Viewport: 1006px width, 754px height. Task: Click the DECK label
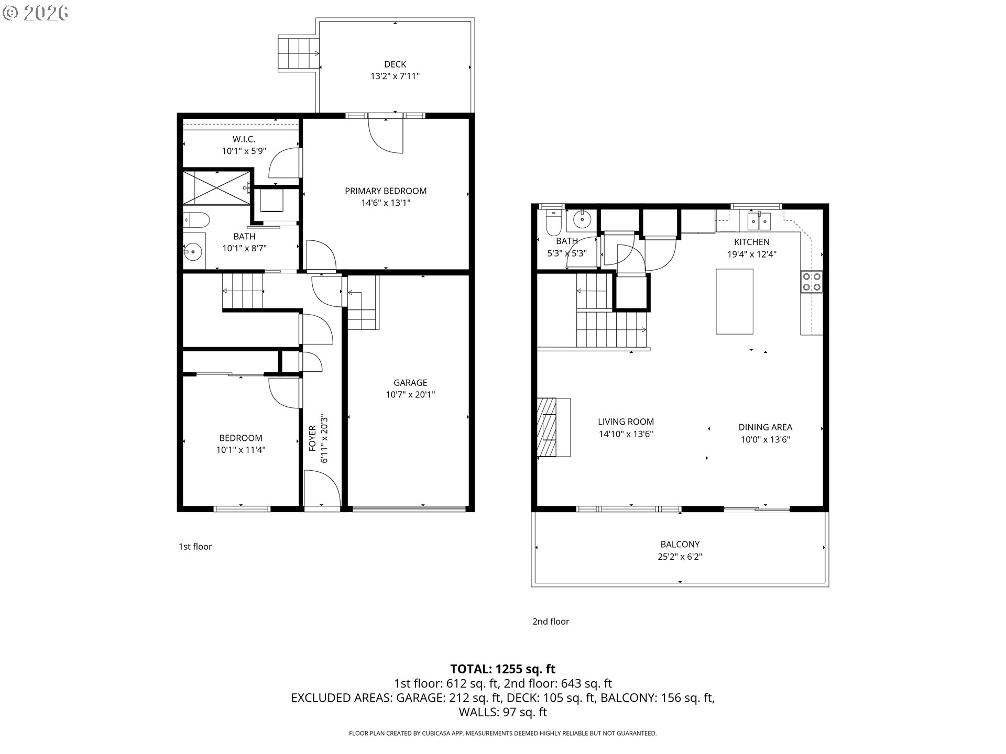point(395,64)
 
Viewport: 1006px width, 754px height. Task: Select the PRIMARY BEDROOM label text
point(385,191)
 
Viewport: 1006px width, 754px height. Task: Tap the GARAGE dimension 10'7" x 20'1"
point(410,395)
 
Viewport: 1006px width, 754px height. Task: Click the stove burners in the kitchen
point(811,282)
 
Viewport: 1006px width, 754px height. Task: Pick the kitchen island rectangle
point(734,301)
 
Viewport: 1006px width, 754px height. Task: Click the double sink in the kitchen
point(759,221)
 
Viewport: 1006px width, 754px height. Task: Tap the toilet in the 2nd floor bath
point(553,223)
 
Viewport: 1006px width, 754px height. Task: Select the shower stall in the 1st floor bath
point(216,187)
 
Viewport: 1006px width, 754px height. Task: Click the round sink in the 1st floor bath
point(194,252)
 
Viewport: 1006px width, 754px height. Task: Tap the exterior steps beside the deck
point(298,53)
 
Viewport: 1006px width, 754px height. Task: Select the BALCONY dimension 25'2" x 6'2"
point(680,557)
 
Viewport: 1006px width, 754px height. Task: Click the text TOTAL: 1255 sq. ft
point(502,669)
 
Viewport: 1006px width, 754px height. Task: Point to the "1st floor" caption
point(195,547)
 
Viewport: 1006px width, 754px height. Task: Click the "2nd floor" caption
point(550,622)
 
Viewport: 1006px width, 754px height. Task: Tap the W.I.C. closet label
point(244,139)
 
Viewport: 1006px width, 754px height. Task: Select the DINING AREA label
point(765,427)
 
